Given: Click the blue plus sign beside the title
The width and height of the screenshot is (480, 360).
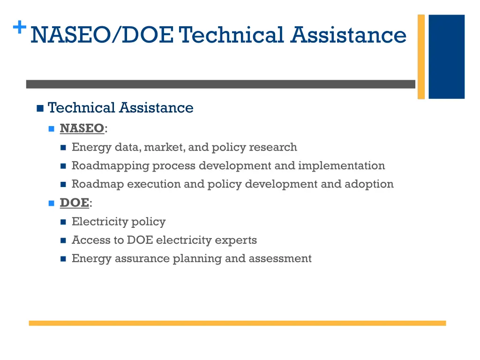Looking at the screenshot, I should (x=19, y=28).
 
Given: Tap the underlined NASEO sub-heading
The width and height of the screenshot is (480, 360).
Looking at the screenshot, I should (x=82, y=128).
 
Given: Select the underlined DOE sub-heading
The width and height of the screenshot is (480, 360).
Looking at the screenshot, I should (x=74, y=202).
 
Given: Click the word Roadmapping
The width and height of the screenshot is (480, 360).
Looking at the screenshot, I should (x=110, y=166).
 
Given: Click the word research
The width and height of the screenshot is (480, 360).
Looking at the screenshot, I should (x=273, y=147).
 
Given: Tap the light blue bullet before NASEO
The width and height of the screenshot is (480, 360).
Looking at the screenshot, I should (x=52, y=128).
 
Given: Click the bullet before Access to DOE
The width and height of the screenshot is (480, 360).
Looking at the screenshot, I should (x=63, y=240).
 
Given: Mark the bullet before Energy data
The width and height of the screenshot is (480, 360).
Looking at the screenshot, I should (x=63, y=148).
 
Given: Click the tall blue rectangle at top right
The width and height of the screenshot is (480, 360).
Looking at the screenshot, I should (x=446, y=56).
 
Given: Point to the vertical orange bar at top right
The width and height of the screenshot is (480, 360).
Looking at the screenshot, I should (x=421, y=56).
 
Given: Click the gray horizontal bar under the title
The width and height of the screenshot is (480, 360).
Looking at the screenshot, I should (x=220, y=84).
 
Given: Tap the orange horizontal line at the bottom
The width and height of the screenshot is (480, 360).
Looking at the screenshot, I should (x=237, y=323).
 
